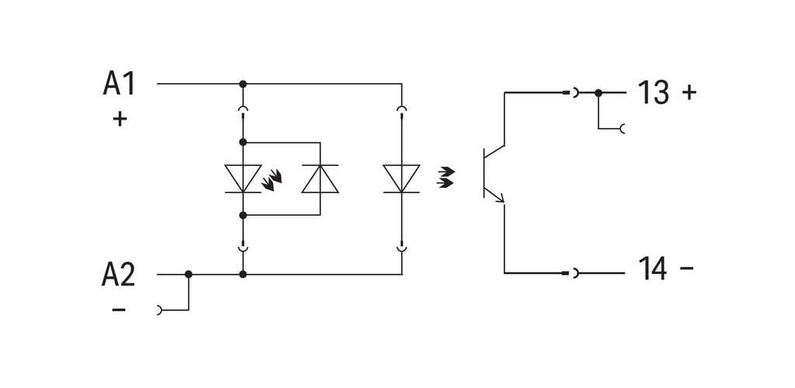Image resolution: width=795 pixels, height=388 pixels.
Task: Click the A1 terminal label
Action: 119,83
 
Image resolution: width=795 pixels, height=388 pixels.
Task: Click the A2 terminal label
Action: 119,275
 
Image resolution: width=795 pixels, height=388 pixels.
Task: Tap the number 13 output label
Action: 653,92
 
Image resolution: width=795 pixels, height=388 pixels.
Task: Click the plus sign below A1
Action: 120,119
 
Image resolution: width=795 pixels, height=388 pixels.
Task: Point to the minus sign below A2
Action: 119,309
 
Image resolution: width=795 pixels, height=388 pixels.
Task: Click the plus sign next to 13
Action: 689,92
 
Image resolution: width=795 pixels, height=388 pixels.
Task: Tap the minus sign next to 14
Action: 686,266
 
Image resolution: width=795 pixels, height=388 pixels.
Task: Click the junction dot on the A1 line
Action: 243,84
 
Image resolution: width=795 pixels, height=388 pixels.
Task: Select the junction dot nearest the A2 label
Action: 189,274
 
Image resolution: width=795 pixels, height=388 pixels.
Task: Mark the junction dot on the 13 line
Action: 599,92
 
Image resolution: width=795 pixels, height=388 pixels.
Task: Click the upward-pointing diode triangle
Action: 320,178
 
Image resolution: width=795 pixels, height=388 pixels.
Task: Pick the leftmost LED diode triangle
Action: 243,178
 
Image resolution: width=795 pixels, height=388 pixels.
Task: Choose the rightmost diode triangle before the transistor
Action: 401,178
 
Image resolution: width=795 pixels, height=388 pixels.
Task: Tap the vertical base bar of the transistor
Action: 484,173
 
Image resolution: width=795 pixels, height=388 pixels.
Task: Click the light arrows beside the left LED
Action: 272,180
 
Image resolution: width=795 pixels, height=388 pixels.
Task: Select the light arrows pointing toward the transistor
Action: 446,178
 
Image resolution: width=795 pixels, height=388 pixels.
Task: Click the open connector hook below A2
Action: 160,310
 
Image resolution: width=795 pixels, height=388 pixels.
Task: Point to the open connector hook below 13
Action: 622,129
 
